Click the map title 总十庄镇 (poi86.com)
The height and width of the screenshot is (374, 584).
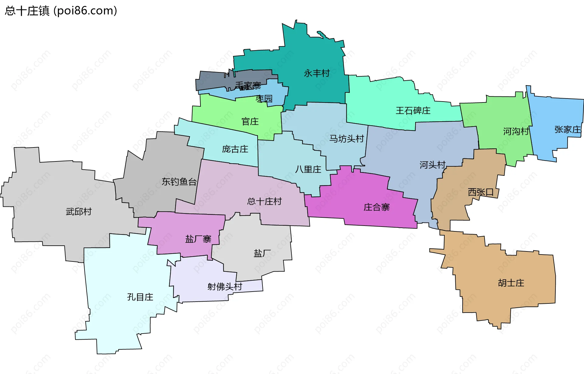[x=61, y=11]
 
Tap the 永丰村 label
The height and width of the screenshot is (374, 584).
[x=317, y=73]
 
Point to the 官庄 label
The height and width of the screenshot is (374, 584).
[x=250, y=122]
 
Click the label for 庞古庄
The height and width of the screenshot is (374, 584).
[x=235, y=149]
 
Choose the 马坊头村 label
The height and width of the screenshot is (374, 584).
[x=346, y=139]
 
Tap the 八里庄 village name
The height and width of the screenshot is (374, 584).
[x=308, y=169]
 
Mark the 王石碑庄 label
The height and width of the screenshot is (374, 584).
[x=413, y=110]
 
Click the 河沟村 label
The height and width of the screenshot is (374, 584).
[x=516, y=131]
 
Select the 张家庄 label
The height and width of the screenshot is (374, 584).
[x=568, y=130]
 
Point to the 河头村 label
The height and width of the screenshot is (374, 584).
[x=433, y=165]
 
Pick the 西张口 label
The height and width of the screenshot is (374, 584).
[x=481, y=192]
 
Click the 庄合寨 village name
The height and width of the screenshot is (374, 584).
[x=377, y=207]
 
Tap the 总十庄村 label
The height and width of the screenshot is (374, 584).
[x=264, y=201]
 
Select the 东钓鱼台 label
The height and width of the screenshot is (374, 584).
[x=179, y=182]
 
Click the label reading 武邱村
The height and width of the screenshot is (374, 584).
[x=79, y=212]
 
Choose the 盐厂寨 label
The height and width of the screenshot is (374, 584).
[x=198, y=239]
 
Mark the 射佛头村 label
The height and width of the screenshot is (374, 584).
[x=224, y=286]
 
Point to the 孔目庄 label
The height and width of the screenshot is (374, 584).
[x=140, y=297]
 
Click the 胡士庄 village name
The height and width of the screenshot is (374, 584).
[x=511, y=283]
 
